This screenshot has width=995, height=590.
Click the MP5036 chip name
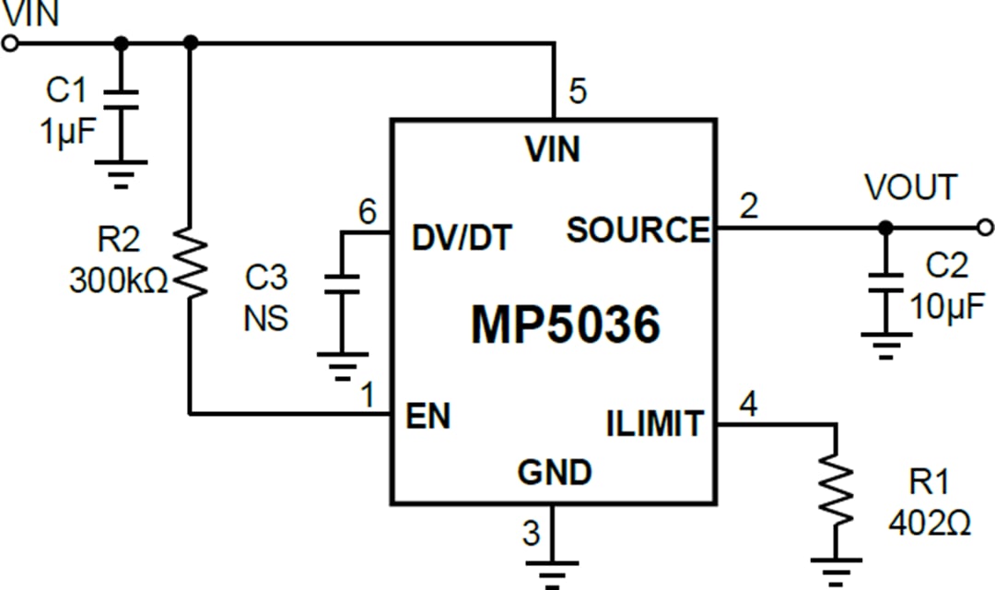point(565,324)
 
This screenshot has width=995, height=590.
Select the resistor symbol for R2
point(191,265)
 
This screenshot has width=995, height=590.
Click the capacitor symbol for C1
point(121,100)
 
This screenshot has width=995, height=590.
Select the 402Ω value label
point(929,523)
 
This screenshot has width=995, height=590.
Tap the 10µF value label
point(947,305)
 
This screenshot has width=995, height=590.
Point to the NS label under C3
point(265,318)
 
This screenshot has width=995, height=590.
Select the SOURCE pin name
point(638,230)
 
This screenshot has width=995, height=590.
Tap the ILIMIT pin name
point(654,423)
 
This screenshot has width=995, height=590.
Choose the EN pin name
point(428,416)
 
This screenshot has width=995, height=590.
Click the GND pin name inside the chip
point(554,472)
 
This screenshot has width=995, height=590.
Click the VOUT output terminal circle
point(986,227)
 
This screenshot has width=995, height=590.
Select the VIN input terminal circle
point(10,43)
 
